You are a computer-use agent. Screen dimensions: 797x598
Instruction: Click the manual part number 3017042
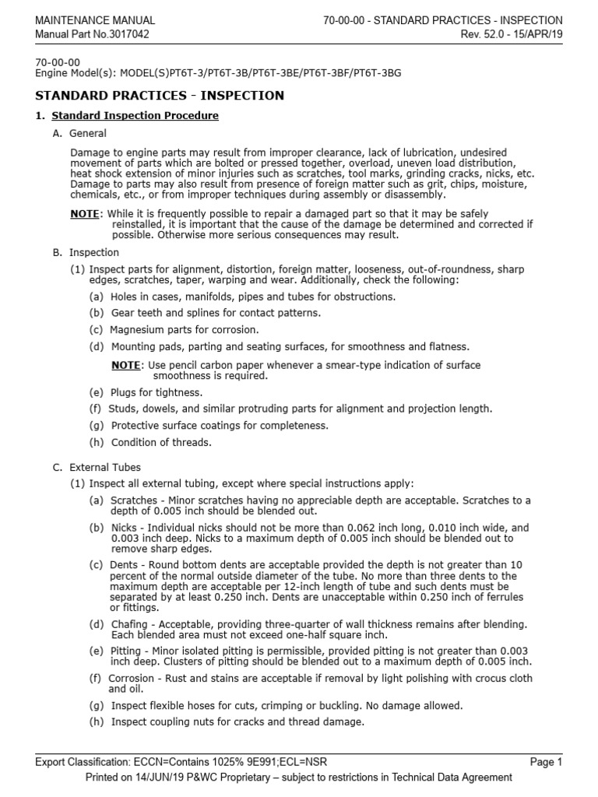coord(128,34)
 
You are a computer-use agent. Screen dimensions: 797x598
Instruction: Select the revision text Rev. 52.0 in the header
coord(487,34)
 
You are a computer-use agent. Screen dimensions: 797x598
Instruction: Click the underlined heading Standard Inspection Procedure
coord(135,116)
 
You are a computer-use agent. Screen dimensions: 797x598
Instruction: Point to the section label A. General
coord(81,134)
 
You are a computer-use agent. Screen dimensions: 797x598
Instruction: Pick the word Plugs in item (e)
coord(125,392)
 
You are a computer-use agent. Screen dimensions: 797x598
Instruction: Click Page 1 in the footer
coord(546,762)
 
